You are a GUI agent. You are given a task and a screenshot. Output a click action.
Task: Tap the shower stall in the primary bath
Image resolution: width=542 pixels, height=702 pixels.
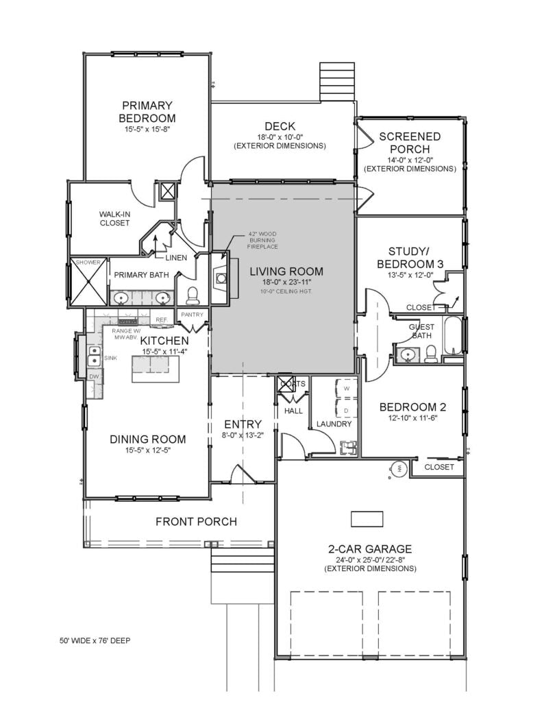click(x=88, y=282)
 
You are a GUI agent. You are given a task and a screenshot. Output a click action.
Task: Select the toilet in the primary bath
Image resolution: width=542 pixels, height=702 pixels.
click(x=193, y=295)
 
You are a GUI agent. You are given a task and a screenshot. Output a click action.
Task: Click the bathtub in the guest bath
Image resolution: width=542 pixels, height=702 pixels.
click(x=453, y=337)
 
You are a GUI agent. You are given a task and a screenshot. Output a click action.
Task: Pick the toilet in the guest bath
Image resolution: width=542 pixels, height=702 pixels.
click(x=431, y=353)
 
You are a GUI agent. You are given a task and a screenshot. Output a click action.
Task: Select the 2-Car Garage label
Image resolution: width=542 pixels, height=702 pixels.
click(x=370, y=548)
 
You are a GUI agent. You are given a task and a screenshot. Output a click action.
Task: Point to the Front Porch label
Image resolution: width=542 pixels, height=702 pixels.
click(x=196, y=522)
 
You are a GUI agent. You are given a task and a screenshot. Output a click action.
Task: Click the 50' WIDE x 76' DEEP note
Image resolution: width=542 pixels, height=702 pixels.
click(x=95, y=641)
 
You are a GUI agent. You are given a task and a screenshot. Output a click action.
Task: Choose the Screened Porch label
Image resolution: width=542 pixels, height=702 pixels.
click(x=410, y=143)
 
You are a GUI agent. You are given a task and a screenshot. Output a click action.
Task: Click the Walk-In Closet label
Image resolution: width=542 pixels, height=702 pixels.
click(x=114, y=218)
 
